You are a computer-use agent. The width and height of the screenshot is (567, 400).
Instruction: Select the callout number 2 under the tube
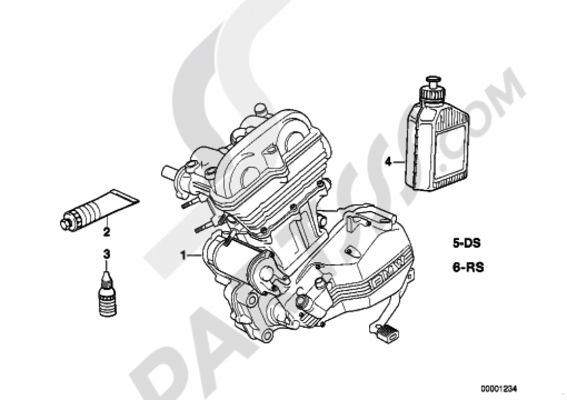pos(106,231)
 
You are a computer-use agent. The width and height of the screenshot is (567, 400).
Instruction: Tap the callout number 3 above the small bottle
pos(105,254)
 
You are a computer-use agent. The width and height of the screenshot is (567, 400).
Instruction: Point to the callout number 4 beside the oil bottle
pos(388,162)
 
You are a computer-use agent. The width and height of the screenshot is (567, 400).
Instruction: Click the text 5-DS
pos(467,245)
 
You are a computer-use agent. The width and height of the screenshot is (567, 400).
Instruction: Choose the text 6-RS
pos(468,267)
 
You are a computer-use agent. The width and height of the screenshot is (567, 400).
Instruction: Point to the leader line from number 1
pos(195,256)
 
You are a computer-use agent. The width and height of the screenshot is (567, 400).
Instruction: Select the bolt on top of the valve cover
pos(260,107)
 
